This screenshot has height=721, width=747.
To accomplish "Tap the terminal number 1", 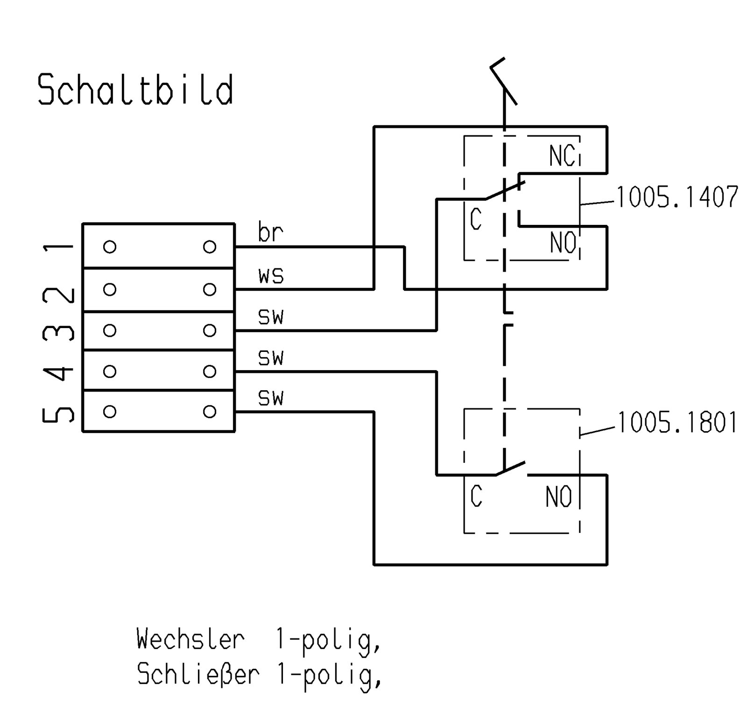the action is click(x=58, y=246).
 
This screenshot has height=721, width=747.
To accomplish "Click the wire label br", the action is click(x=270, y=232).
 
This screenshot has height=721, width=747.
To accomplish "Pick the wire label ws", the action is click(x=271, y=276).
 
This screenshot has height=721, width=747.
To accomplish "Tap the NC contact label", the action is click(x=562, y=155).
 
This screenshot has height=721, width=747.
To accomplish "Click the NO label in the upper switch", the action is click(x=563, y=242).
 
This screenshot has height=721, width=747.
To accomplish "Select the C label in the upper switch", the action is click(x=476, y=220).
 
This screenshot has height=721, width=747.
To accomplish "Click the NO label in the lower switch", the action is click(x=559, y=497).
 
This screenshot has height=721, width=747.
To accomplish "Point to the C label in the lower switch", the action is click(x=476, y=497).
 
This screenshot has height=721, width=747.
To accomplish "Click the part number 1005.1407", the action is click(x=677, y=197).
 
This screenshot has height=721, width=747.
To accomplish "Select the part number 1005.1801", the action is click(x=677, y=422).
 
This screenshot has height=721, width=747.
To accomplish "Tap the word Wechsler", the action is click(x=190, y=639).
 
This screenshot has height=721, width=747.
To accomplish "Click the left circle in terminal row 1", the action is click(x=110, y=246).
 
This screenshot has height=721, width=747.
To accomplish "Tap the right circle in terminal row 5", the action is click(x=210, y=412).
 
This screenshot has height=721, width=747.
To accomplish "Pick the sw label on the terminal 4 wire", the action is click(x=271, y=358).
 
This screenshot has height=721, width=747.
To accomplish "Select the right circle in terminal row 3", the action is click(x=210, y=330).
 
